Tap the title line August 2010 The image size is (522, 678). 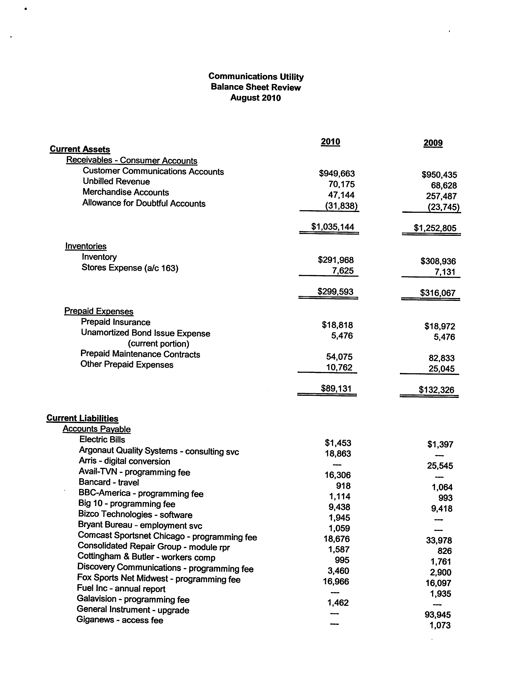[256, 98]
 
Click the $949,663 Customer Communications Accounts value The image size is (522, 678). [337, 173]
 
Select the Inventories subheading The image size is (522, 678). [86, 246]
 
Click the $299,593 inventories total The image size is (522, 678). [335, 292]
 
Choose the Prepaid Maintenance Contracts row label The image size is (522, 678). [140, 354]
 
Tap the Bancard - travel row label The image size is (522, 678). [109, 482]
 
